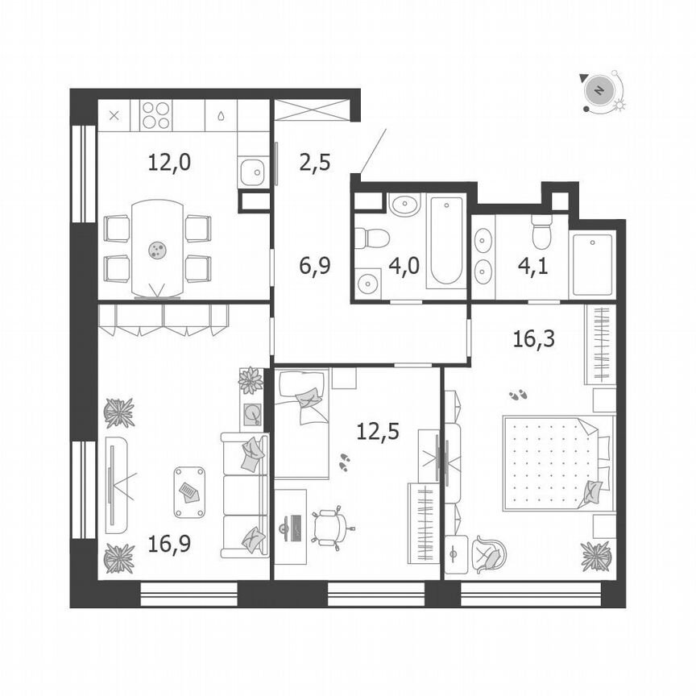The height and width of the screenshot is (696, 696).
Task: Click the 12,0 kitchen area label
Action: pos(168,162)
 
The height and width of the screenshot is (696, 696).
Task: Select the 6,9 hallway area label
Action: pos(314,265)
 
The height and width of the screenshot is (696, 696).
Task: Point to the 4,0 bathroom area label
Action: pos(404,265)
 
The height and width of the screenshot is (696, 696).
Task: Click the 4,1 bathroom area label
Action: pos(535,265)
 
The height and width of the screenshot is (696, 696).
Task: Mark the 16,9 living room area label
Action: pos(168,547)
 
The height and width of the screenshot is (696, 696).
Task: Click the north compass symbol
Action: pos(599,90)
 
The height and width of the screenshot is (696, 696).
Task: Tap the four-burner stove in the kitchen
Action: pos(156,114)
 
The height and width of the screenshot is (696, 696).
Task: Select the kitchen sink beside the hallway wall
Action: pos(253,171)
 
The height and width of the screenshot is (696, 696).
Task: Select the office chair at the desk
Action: pos(330,526)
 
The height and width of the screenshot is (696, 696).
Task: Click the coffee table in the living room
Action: pos(189,490)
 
